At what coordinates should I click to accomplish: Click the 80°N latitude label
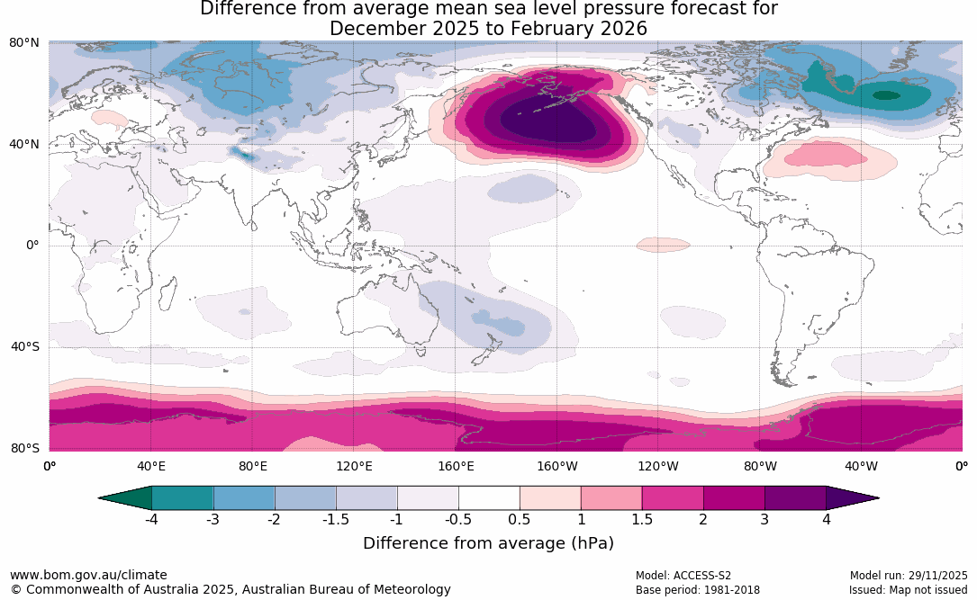24,42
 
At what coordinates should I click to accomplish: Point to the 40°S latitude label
24,347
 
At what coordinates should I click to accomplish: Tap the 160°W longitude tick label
557,466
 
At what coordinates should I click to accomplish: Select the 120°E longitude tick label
354,466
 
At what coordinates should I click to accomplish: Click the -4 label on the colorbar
152,520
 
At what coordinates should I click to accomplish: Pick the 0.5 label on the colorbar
520,520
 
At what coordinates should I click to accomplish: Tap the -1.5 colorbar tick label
336,520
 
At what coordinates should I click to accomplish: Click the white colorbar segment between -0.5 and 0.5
489,497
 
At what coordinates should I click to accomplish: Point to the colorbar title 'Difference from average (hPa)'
488,543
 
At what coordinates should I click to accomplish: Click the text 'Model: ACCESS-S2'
683,576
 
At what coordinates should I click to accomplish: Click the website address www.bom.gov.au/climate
88,576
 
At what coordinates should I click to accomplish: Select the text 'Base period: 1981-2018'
698,590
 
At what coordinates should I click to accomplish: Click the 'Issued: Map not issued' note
908,590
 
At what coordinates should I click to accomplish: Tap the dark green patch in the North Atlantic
887,94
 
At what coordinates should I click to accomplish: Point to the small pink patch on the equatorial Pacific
662,245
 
